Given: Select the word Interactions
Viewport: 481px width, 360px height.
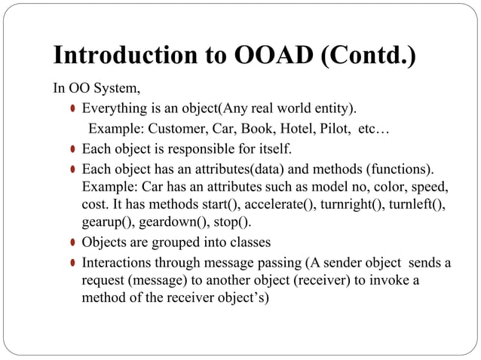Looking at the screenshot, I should (x=118, y=263).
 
